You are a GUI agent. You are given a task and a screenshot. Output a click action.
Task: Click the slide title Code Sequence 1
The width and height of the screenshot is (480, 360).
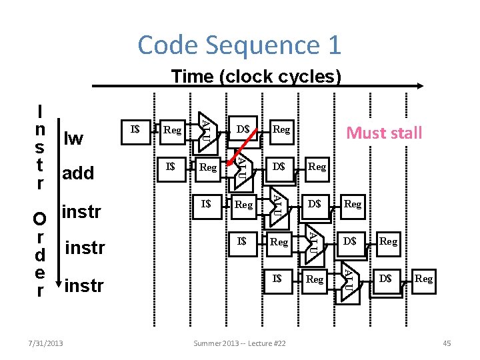click(x=239, y=45)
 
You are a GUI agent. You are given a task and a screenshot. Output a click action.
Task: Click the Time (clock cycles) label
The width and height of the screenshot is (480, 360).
click(x=256, y=77)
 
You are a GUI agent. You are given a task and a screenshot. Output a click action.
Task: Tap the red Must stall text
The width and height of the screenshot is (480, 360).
click(x=384, y=133)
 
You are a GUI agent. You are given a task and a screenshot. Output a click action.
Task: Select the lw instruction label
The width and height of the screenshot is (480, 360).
click(x=73, y=138)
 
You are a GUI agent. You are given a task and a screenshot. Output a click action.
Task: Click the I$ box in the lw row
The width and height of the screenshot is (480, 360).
click(x=135, y=129)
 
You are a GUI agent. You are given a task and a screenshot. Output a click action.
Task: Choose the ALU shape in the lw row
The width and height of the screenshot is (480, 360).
click(x=208, y=127)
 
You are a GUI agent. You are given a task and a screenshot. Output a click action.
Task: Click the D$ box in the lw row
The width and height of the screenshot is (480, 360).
click(x=243, y=129)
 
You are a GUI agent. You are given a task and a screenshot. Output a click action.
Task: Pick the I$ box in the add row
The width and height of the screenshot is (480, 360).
click(x=171, y=166)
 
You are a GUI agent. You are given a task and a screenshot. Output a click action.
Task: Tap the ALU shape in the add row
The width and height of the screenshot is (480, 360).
click(x=243, y=165)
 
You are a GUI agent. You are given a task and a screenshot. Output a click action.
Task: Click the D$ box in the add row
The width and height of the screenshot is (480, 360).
click(x=279, y=166)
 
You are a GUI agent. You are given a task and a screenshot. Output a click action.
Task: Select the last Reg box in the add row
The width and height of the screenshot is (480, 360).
click(x=317, y=167)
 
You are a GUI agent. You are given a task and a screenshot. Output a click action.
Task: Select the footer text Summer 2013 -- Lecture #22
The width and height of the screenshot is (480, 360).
click(x=239, y=343)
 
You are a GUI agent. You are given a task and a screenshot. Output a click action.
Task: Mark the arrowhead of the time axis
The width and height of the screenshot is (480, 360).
click(x=419, y=86)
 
